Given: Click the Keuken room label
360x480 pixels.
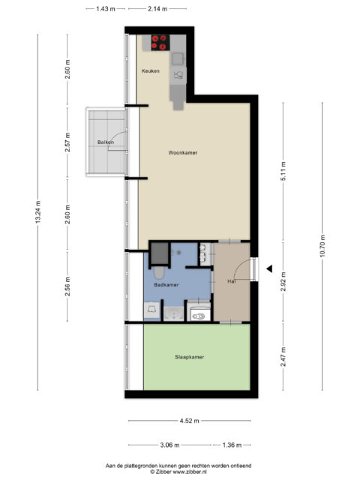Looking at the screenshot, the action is [x=150, y=71].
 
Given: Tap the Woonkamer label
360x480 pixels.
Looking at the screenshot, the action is [x=183, y=152].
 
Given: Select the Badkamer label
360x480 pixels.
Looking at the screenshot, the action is [x=166, y=285].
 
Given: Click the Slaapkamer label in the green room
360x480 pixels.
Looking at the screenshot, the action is [x=190, y=357].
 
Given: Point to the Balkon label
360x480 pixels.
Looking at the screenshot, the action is [x=106, y=142].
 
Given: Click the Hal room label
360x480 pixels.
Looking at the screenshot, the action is [x=232, y=281].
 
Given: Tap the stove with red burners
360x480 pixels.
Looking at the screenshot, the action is [x=160, y=43].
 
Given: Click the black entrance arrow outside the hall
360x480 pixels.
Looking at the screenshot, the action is [x=269, y=269].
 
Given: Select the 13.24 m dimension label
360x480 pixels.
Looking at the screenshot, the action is [x=38, y=211].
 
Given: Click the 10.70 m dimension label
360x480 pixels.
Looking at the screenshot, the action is [x=322, y=246].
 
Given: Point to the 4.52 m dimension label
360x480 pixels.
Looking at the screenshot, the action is [x=189, y=421].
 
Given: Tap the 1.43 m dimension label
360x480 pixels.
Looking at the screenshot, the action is [x=106, y=9].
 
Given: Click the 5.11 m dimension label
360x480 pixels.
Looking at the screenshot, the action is [x=283, y=171].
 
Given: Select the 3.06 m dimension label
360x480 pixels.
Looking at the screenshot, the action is [x=169, y=445].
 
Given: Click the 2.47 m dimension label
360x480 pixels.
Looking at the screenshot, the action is [x=283, y=357].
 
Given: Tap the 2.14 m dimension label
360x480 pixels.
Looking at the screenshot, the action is [x=157, y=9].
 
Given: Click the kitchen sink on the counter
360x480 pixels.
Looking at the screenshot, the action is [x=178, y=58].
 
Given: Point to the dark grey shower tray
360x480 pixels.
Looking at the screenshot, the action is [x=160, y=253].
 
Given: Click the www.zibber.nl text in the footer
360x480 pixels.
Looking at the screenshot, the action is [x=190, y=472].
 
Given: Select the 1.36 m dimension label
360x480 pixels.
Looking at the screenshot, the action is [x=232, y=445].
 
